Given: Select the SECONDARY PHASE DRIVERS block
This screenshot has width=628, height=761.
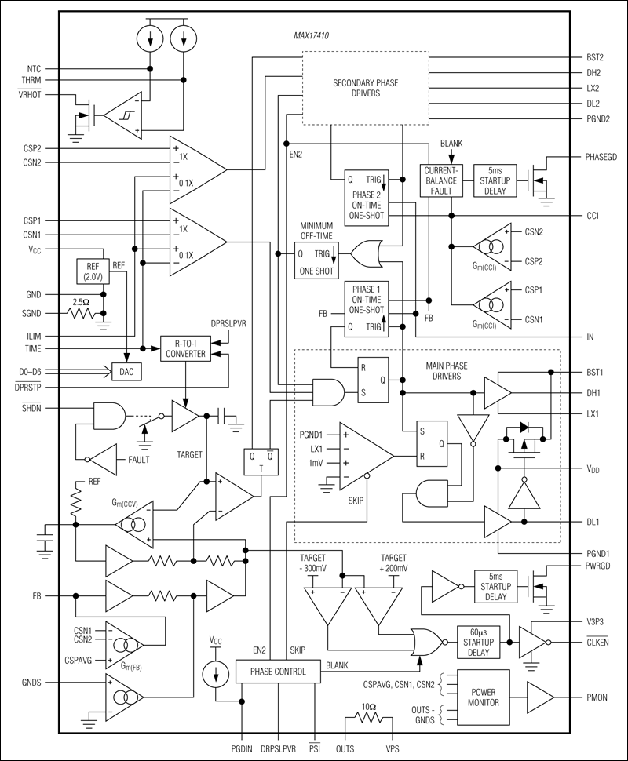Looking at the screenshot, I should pos(366,87).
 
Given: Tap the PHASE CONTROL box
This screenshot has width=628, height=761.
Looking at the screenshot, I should pos(278,671).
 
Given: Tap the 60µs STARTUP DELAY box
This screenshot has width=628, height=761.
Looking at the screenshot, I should pos(478,641).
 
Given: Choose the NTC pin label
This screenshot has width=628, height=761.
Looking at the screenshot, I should pos(34,68).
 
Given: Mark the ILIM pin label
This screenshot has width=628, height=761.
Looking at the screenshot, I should pos(33,336).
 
